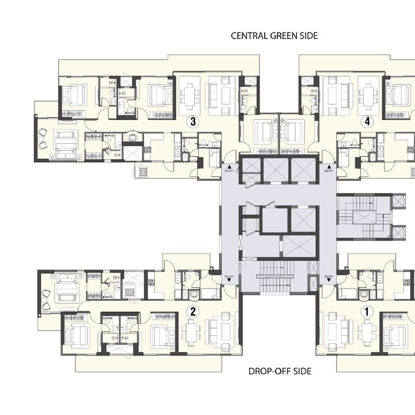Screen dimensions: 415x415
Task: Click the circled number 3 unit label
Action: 193,122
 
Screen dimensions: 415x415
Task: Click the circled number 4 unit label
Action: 367,122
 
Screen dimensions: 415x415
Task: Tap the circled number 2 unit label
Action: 193,312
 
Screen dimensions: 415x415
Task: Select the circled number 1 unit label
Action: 367,312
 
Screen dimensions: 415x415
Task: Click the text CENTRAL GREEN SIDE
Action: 274,36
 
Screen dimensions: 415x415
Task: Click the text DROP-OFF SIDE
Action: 280,371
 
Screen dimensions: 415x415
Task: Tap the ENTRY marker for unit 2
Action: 229,278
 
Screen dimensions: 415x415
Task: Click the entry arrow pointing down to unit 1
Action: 329,279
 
